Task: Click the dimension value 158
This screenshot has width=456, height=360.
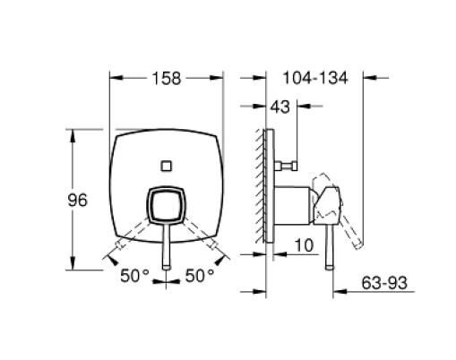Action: pyautogui.click(x=166, y=79)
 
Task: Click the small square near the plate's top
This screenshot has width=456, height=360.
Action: pyautogui.click(x=166, y=164)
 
